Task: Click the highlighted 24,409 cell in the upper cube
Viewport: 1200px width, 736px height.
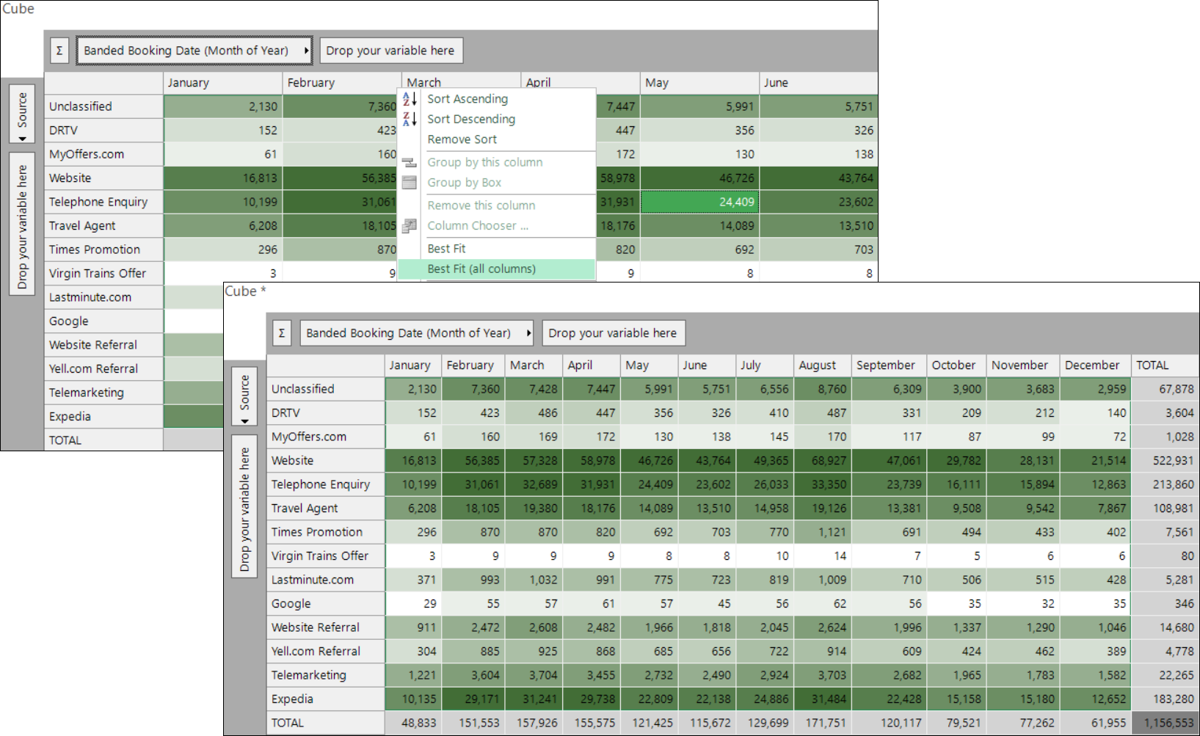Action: click(x=699, y=202)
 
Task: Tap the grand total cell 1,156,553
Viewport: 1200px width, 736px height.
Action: click(x=1166, y=723)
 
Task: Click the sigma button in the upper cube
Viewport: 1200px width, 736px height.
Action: click(x=59, y=51)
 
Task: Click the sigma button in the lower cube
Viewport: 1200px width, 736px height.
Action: click(x=282, y=333)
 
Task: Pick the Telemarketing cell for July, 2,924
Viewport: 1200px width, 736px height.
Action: click(x=765, y=675)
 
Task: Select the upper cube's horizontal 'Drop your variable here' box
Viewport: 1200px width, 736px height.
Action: click(x=391, y=51)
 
